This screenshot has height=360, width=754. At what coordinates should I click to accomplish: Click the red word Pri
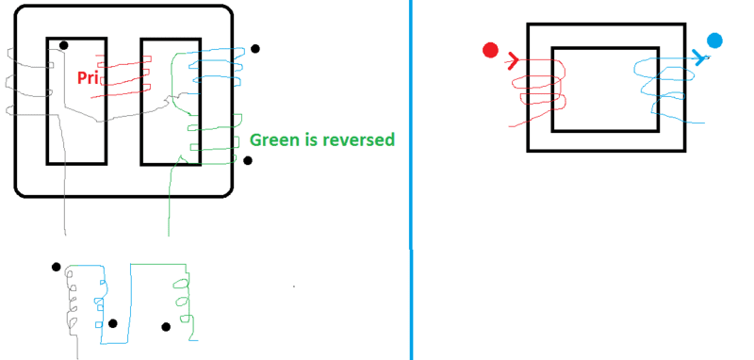point(87,77)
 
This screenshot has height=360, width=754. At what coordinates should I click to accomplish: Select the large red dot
point(490,51)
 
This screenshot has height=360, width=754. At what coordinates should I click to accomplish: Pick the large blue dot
point(714,41)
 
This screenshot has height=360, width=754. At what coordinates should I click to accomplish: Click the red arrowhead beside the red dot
point(513,61)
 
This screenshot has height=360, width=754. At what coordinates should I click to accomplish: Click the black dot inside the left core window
point(63,45)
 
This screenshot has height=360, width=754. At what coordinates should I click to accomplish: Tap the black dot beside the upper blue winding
point(255,49)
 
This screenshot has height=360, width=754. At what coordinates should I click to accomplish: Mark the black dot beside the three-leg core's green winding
point(248,160)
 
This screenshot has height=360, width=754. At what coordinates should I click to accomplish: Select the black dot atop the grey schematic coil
point(57,267)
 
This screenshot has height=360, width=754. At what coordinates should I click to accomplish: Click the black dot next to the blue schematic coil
point(112,323)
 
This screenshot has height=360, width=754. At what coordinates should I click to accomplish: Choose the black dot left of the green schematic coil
point(166,327)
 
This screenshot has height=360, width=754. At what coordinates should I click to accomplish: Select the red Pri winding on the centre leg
point(123,77)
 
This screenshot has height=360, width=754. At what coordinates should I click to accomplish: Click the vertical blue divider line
point(412,180)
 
